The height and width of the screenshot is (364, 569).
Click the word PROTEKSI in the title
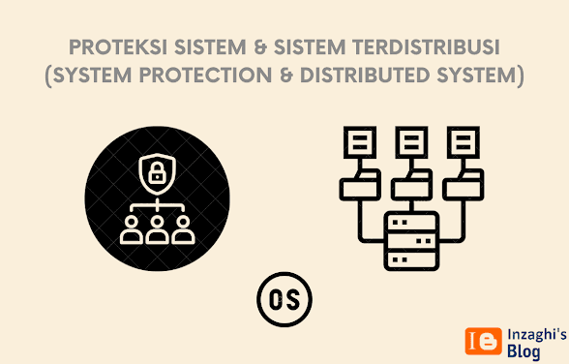click(118, 47)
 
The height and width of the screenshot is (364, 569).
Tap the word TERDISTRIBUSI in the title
click(426, 47)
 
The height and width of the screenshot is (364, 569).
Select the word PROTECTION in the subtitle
click(205, 75)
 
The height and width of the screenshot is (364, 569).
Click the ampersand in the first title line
click(259, 47)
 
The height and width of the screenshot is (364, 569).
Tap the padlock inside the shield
click(157, 172)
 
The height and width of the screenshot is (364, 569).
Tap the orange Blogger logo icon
click(484, 341)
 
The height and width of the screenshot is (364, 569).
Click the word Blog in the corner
click(524, 351)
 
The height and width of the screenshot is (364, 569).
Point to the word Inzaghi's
click(537, 334)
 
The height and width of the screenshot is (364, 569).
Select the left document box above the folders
click(360, 142)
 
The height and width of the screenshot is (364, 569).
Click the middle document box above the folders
click(411, 142)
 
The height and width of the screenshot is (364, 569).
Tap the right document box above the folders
click(464, 142)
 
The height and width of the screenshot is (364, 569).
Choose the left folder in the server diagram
click(360, 185)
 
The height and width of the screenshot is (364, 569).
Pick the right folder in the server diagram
click(464, 185)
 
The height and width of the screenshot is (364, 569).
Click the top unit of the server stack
click(411, 222)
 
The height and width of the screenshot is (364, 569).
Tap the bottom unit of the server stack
click(411, 259)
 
